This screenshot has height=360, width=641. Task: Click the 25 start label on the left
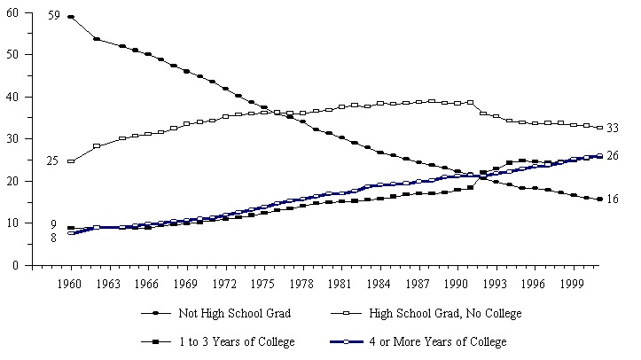coord(52,161)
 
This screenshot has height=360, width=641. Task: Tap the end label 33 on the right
coord(613,129)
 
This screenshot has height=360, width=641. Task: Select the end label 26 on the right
coord(613,156)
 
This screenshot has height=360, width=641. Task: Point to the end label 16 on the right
coord(613,200)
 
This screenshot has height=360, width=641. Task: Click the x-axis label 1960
coord(71,284)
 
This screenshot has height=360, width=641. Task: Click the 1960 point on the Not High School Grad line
coord(71,17)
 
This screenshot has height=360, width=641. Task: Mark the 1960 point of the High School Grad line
coord(71,161)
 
